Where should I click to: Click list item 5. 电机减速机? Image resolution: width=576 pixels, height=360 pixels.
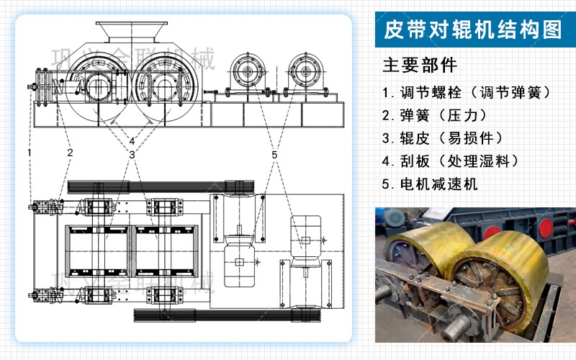[x=430, y=184]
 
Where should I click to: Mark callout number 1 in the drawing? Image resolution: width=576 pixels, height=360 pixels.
[x=30, y=153]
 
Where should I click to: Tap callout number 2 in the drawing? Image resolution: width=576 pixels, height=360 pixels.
[x=70, y=153]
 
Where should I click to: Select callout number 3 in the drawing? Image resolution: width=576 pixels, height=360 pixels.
[x=132, y=155]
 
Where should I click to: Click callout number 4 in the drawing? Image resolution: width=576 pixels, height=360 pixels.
[x=132, y=140]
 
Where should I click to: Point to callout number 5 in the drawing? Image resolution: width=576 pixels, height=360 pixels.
[x=274, y=155]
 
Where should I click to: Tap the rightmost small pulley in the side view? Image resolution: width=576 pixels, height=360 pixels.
[x=305, y=73]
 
